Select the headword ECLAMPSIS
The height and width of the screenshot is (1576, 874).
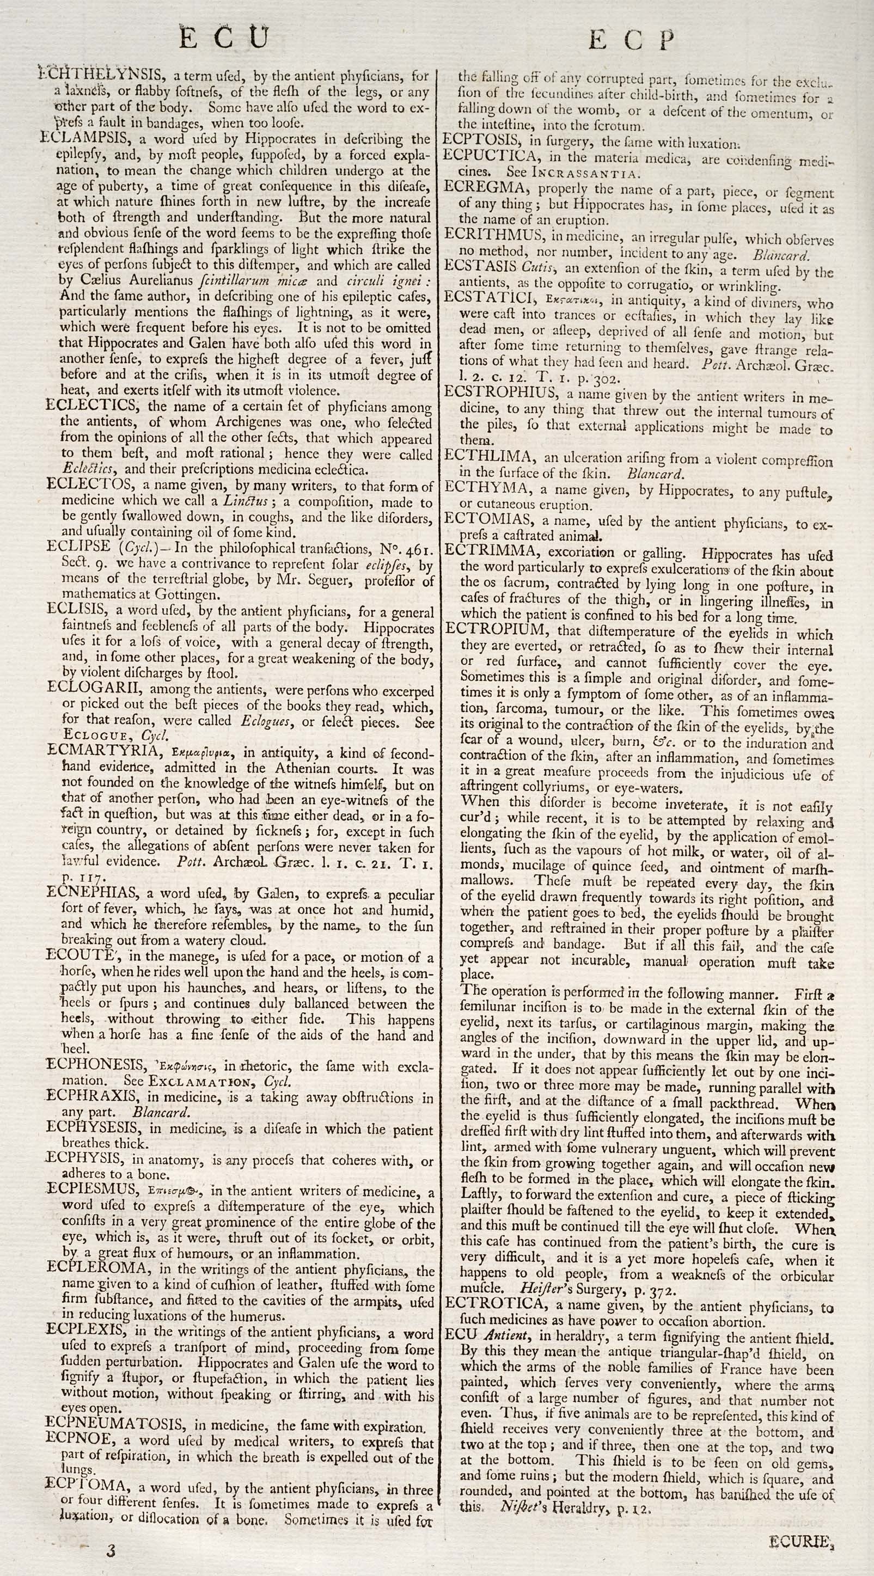click(x=88, y=139)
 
